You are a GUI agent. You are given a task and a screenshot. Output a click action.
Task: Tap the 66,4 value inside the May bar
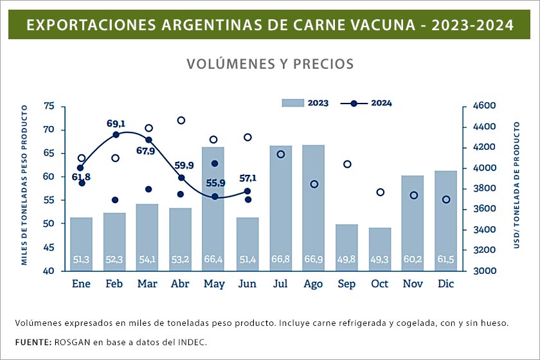(214, 260)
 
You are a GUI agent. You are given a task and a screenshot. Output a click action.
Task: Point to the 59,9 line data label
(183, 165)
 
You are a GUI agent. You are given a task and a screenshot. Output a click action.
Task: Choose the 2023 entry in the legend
(306, 103)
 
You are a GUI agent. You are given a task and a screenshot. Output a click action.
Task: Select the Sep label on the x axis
(347, 283)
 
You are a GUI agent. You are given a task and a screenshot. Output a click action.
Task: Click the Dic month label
(446, 283)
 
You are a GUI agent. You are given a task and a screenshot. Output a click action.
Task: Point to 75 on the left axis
(50, 106)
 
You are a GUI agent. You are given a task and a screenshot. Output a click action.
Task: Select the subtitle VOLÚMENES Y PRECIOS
(270, 64)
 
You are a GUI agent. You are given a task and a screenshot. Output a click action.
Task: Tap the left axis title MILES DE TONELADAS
(24, 186)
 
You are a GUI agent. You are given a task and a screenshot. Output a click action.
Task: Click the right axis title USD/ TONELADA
(516, 186)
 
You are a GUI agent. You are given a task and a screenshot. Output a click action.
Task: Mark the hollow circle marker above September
(347, 164)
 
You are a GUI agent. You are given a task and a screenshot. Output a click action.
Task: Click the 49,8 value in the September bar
(347, 260)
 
